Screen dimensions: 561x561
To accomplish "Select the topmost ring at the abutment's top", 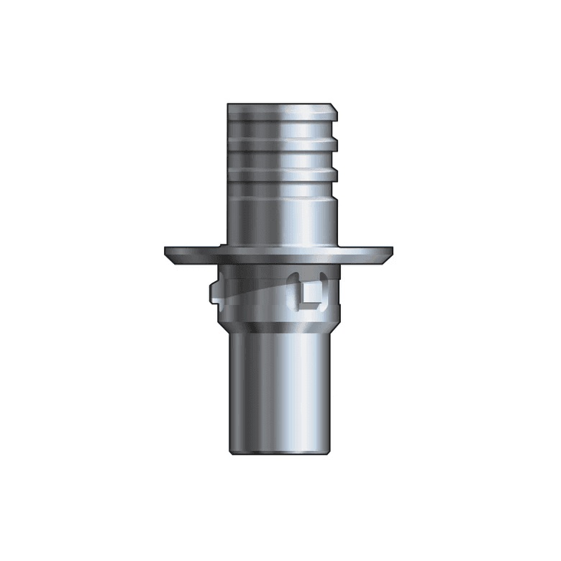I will coord(280,115).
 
